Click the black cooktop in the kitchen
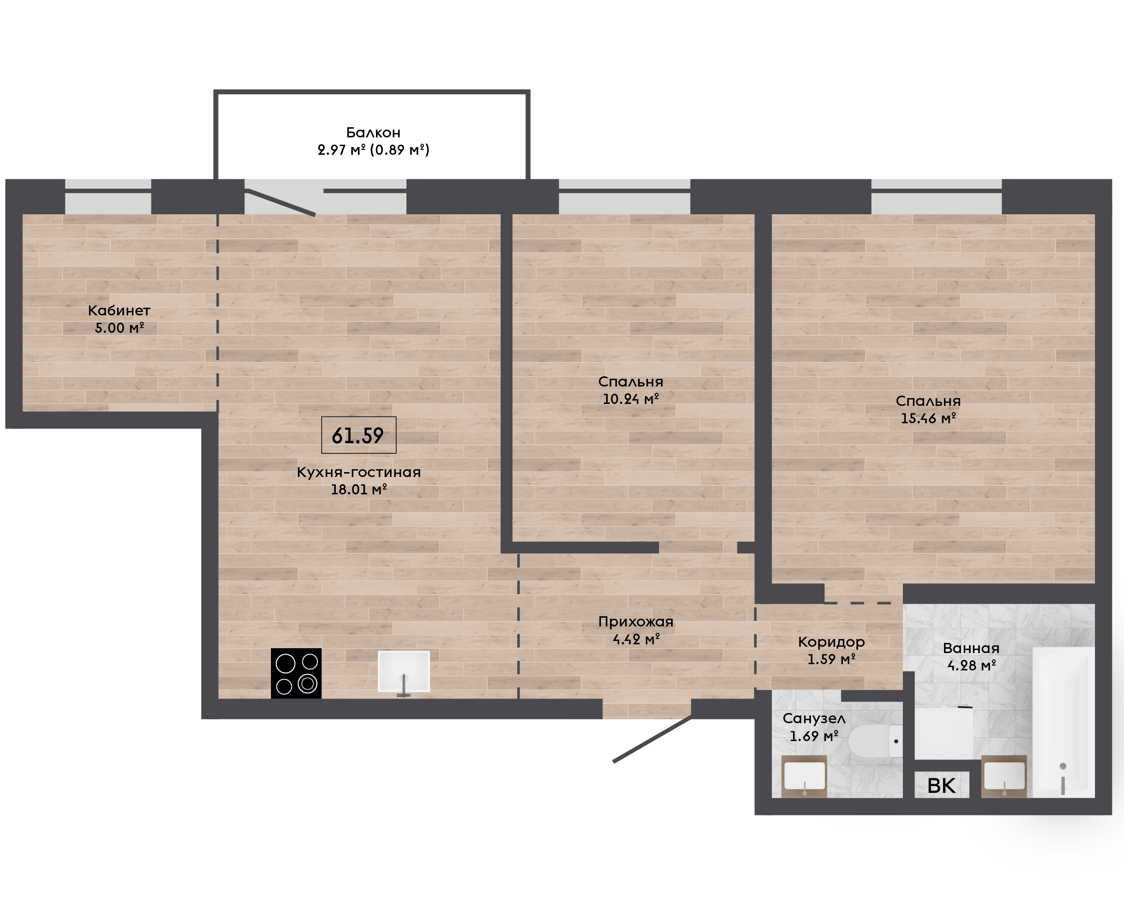(296, 673)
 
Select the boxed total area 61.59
(359, 435)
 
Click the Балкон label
(373, 132)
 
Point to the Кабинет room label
(119, 311)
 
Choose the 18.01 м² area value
(359, 489)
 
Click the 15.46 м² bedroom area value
(928, 418)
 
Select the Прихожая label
(635, 622)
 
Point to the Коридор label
(831, 641)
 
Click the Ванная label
(971, 648)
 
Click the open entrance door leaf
(652, 739)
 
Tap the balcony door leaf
(280, 203)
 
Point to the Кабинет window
(108, 196)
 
